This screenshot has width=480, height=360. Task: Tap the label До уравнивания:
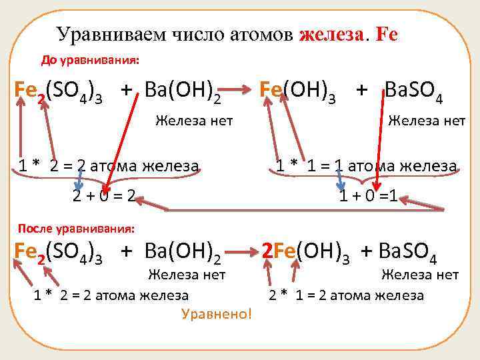(90, 60)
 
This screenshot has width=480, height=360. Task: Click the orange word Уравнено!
(217, 313)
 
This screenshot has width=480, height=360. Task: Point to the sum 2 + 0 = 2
(104, 197)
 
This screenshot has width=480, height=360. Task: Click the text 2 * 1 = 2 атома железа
(346, 295)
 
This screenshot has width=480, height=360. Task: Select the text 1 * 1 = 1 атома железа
(367, 166)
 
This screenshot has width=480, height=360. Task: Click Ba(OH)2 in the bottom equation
(180, 253)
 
